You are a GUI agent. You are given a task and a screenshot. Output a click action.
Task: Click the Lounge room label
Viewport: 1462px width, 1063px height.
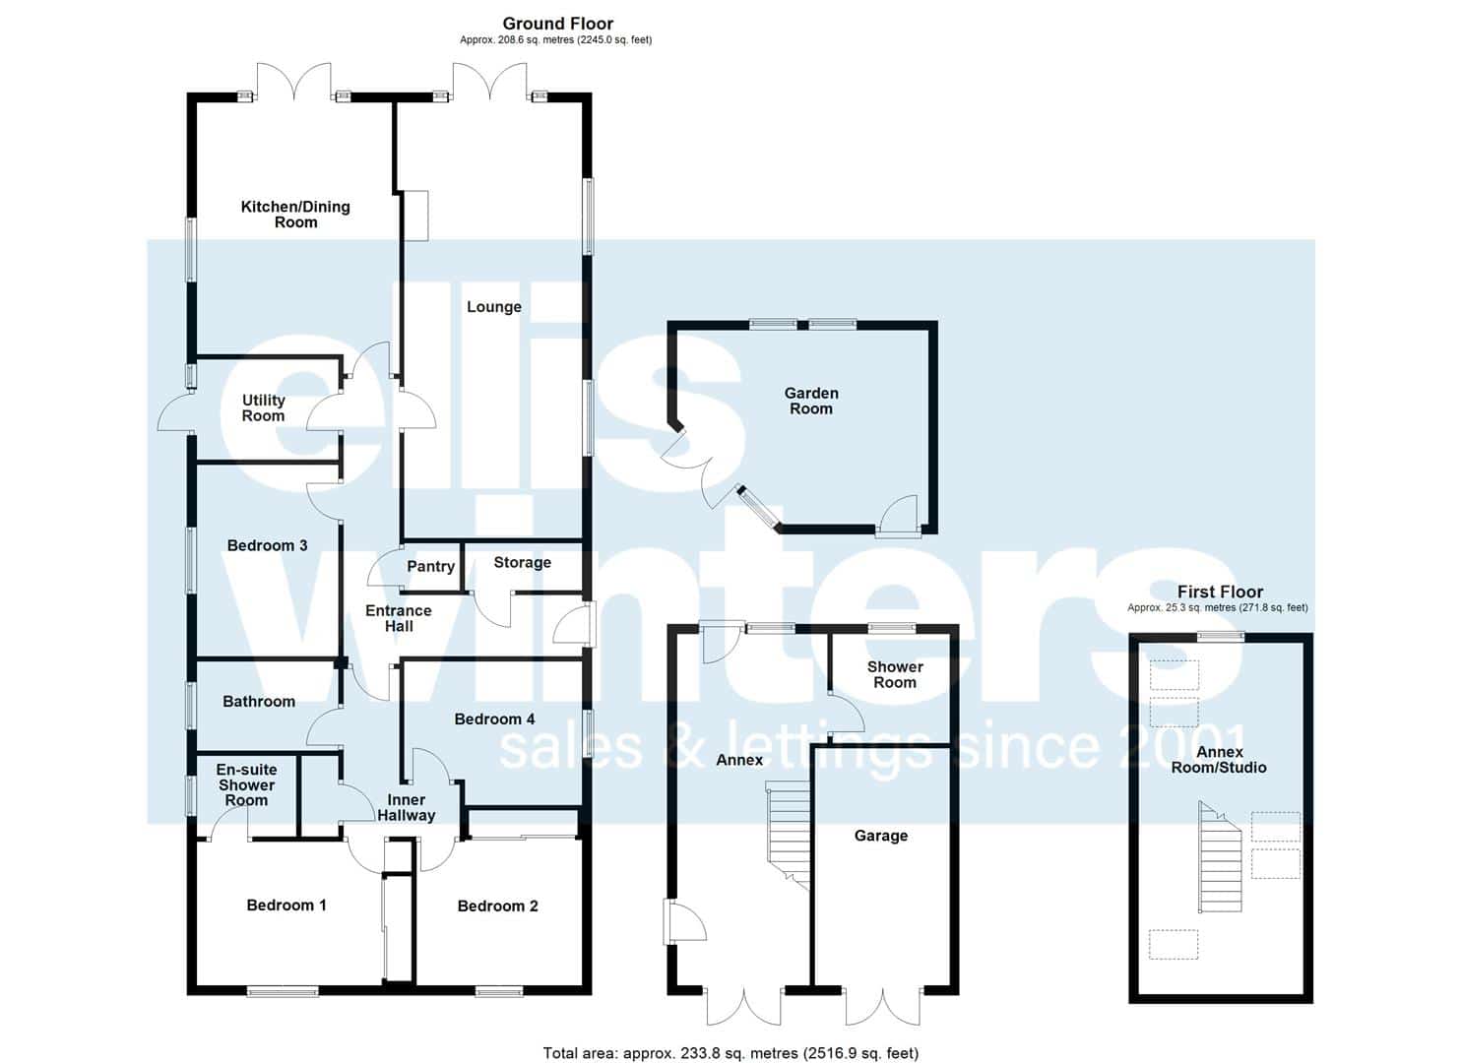(x=494, y=307)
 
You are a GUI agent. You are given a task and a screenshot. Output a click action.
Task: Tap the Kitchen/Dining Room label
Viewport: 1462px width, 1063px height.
(x=295, y=214)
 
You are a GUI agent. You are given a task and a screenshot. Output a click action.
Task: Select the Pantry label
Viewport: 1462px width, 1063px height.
(x=431, y=566)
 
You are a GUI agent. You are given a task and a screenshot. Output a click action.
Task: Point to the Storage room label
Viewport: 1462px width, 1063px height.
(x=522, y=562)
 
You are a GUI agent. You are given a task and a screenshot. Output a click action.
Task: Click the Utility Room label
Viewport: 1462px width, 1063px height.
(x=263, y=407)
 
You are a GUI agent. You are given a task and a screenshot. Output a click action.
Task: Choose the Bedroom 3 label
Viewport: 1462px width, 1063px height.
(x=267, y=545)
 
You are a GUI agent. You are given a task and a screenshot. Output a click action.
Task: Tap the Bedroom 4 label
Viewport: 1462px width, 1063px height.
(x=495, y=719)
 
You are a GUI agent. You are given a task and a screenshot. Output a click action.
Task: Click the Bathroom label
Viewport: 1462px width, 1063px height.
(x=259, y=702)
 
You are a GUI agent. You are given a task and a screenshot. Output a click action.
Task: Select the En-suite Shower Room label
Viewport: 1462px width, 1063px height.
(x=247, y=785)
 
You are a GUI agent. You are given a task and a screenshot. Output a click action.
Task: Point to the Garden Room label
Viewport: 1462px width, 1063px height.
(x=811, y=401)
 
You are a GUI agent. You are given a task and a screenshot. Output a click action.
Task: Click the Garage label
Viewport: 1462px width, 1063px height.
(x=881, y=836)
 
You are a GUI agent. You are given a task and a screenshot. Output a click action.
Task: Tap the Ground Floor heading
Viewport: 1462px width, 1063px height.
(x=557, y=24)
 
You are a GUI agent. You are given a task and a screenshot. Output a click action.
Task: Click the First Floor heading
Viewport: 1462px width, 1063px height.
(x=1220, y=592)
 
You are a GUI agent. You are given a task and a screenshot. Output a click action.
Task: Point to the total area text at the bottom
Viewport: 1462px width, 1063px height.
(x=731, y=1053)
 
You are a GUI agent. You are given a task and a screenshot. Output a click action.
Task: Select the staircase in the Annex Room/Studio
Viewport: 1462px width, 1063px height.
(x=1221, y=856)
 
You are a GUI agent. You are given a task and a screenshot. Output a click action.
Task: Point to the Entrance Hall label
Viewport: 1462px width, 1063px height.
(x=398, y=619)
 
